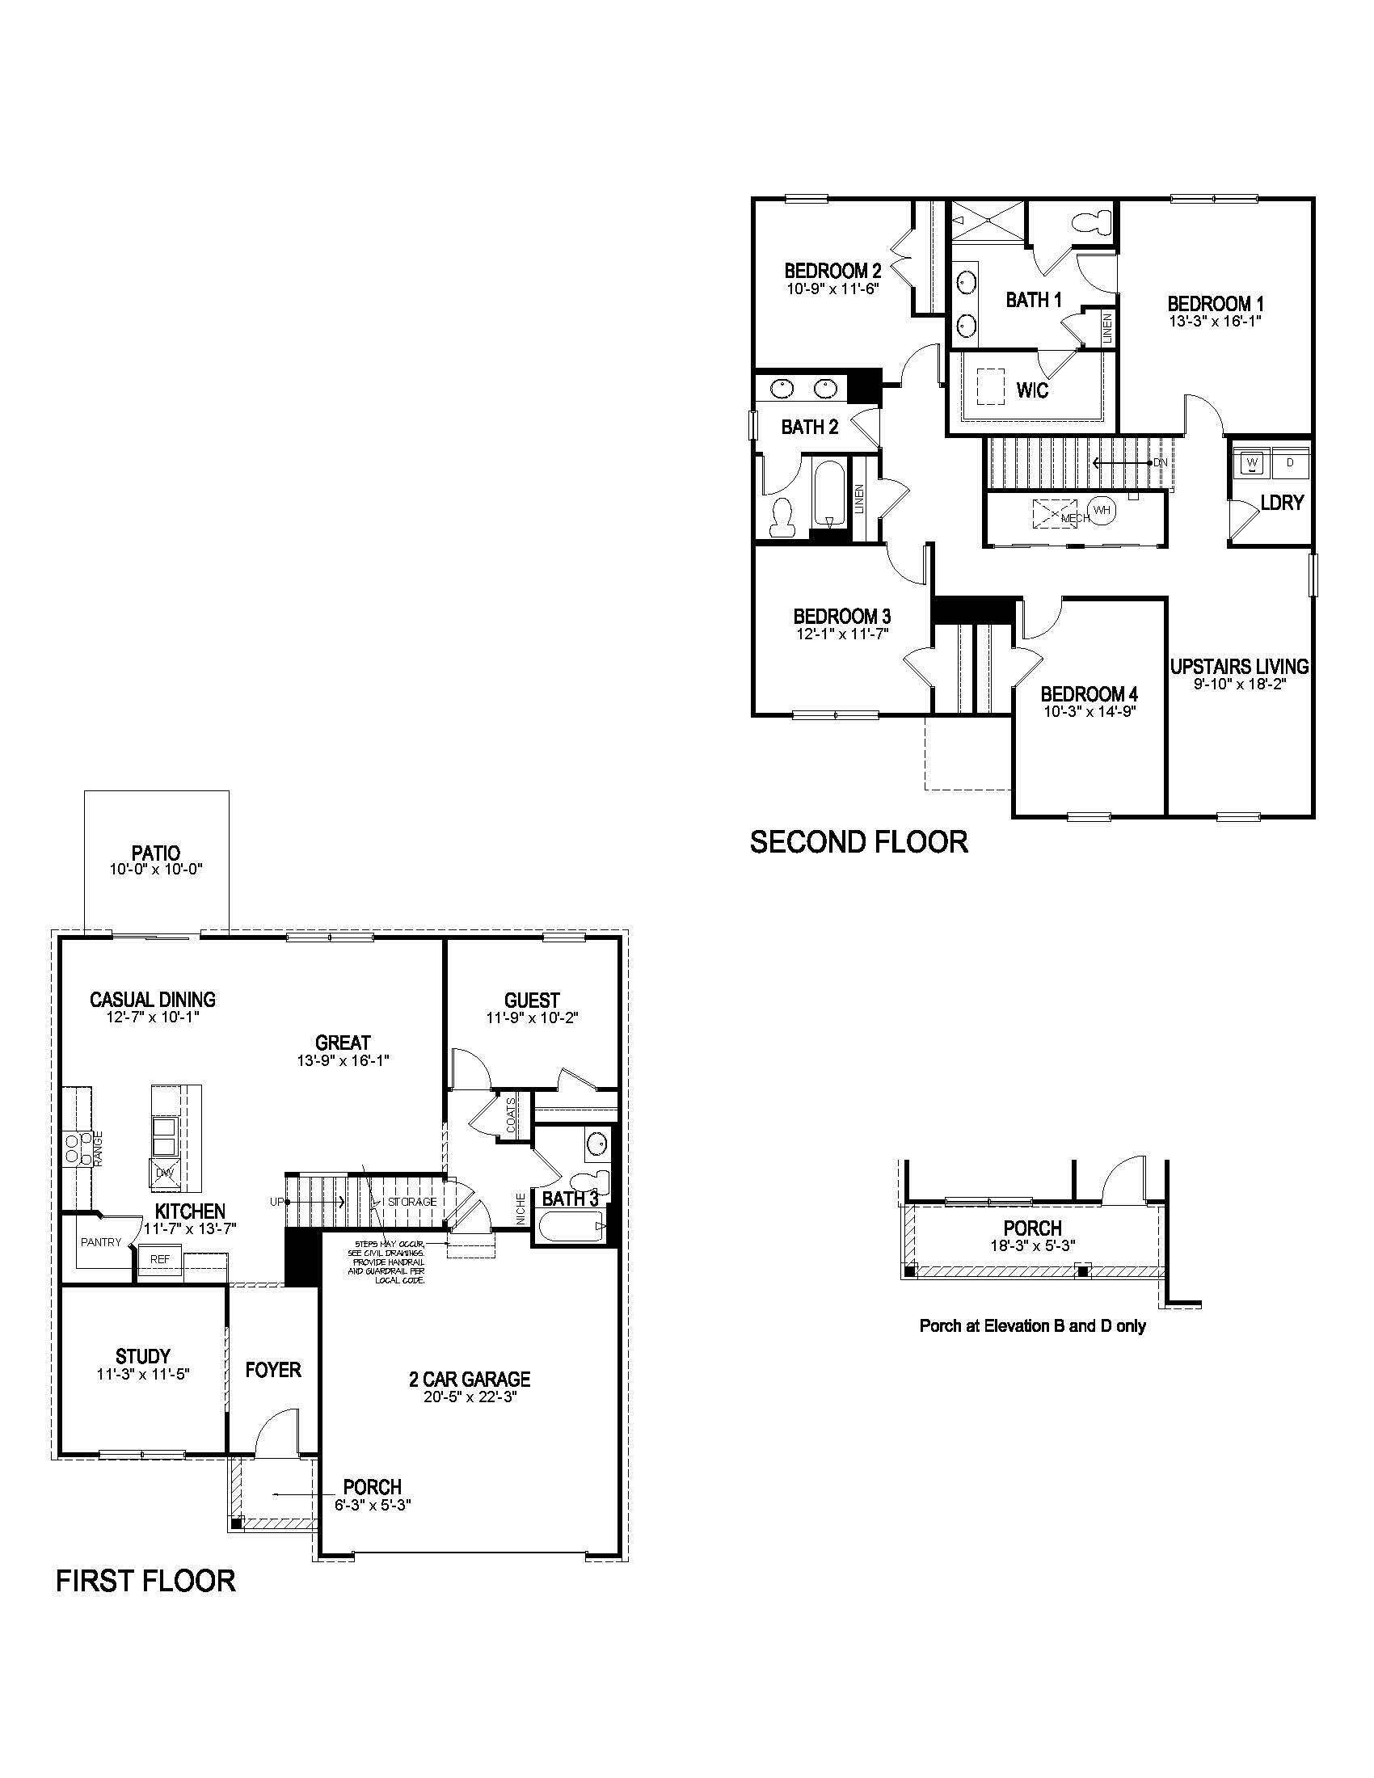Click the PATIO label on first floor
click(x=155, y=853)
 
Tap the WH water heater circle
click(x=1102, y=511)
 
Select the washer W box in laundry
click(x=1251, y=463)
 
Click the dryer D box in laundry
click(x=1289, y=463)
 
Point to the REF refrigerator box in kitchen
click(x=160, y=1258)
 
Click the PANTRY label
click(x=101, y=1242)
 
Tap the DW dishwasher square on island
click(x=165, y=1173)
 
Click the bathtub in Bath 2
click(x=828, y=493)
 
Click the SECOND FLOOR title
click(x=858, y=842)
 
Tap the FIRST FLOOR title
click(x=145, y=1581)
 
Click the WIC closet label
click(x=1032, y=390)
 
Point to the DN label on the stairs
click(x=1160, y=462)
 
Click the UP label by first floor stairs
click(x=276, y=1202)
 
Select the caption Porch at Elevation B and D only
click(x=1032, y=1325)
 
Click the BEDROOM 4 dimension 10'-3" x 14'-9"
click(x=1090, y=711)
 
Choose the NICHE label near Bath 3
click(x=521, y=1208)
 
